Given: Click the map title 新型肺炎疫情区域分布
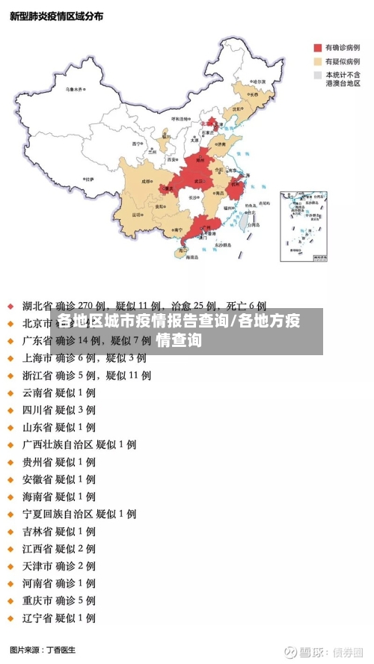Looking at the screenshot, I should [56, 16].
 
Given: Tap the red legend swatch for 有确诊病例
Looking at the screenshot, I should [317, 46].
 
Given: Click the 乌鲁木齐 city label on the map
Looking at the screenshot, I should [75, 89].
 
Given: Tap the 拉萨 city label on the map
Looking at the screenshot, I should [89, 179].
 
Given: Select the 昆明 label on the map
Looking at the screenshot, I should [137, 215].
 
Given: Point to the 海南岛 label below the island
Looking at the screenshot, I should [191, 257].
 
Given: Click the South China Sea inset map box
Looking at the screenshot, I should [304, 225].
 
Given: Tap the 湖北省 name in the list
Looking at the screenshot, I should [37, 306].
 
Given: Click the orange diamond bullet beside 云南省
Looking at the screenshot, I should [10, 393].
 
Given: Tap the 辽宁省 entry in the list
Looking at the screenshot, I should [37, 618].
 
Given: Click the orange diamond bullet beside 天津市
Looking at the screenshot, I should [10, 566].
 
